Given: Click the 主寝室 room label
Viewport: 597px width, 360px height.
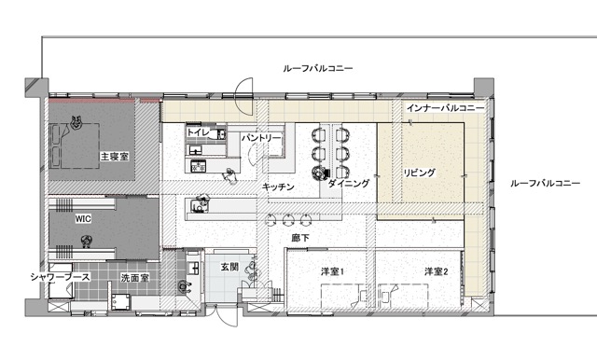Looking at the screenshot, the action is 114,156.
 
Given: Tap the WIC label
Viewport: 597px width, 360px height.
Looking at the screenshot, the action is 83,218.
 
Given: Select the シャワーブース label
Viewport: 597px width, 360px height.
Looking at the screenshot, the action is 60,277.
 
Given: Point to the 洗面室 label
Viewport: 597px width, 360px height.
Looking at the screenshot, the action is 134,278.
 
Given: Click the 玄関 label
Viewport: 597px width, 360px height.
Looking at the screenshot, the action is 229,267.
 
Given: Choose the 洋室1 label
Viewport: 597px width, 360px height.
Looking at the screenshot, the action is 332,271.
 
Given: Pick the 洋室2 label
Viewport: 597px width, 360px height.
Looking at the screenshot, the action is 437,271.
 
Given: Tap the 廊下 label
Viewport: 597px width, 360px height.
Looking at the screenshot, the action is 300,238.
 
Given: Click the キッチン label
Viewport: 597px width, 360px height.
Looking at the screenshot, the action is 278,187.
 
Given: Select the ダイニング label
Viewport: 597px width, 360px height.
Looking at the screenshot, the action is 348,183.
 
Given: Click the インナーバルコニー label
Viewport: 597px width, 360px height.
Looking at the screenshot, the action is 446,107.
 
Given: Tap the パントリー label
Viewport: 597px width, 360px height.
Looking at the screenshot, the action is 261,138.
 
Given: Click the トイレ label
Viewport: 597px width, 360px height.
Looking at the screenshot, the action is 198,132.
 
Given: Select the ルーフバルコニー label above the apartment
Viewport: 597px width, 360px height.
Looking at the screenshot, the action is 318,68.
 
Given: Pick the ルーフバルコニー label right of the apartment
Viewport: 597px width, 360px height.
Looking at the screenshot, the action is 545,183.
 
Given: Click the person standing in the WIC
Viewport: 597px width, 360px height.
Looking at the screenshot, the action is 87,242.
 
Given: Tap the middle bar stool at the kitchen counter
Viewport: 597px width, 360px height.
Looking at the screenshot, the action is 288,219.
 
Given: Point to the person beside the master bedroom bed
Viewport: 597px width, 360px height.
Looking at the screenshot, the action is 76,122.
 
